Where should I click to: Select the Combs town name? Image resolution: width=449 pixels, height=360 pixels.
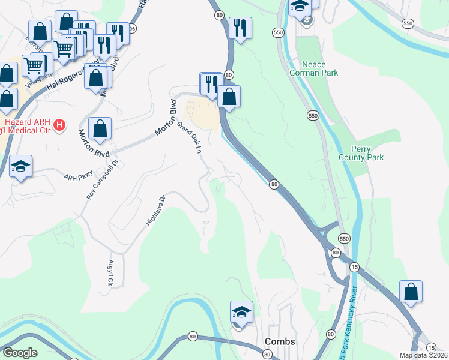(280, 341)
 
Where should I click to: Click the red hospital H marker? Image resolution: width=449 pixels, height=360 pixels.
(59, 125)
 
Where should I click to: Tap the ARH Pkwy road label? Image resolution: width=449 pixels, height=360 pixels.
(76, 176)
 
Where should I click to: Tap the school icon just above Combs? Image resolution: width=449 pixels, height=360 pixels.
(241, 313)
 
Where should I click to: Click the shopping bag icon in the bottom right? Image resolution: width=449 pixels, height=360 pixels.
(411, 292)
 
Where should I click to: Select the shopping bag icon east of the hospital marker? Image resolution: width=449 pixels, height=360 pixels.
(100, 128)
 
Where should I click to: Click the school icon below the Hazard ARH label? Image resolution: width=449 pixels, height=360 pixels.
(20, 167)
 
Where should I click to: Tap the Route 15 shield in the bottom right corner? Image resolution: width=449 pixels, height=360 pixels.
(431, 347)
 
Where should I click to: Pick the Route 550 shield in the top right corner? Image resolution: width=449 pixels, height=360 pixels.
(408, 23)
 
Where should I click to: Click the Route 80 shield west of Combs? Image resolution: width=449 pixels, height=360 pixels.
(193, 337)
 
